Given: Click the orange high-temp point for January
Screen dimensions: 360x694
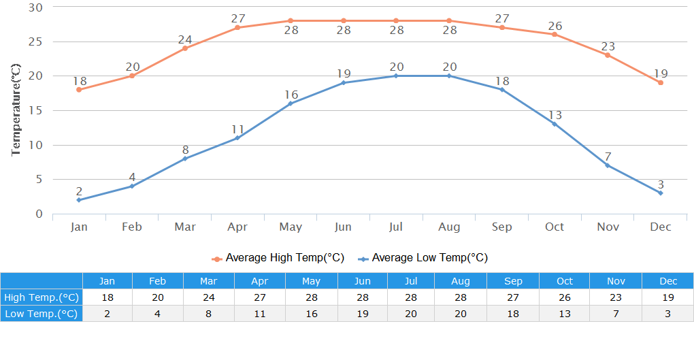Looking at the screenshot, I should [79, 90].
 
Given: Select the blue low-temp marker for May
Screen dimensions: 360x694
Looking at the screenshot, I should [291, 103].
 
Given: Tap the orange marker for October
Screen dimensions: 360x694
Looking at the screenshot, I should [555, 35].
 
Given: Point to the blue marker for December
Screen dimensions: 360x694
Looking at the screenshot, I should [660, 193].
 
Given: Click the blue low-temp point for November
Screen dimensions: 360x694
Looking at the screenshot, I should [608, 165].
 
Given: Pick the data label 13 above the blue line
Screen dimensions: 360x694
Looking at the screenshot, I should [555, 115].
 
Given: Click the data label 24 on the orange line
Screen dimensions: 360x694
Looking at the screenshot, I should [185, 39].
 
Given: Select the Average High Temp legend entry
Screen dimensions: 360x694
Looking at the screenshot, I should [278, 258].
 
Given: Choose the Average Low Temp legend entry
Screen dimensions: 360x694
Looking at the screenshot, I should [423, 258].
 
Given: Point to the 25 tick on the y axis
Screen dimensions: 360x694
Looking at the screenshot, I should [35, 42].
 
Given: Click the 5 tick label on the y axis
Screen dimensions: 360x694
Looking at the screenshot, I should [39, 180].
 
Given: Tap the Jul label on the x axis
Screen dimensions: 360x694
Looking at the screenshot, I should [396, 227].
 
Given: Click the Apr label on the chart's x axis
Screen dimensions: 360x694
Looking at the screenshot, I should [237, 227].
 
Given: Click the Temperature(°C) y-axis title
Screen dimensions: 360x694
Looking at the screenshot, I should [17, 110].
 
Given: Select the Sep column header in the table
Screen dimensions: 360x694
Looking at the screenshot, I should [514, 281].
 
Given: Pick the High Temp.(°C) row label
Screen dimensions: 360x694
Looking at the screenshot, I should [42, 297].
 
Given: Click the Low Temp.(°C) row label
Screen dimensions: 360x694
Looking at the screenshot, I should [42, 313].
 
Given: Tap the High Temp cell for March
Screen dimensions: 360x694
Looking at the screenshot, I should [209, 297].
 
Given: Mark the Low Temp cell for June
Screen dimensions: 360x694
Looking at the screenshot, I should [363, 313].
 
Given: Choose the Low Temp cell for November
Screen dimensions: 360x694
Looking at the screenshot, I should [616, 313].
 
